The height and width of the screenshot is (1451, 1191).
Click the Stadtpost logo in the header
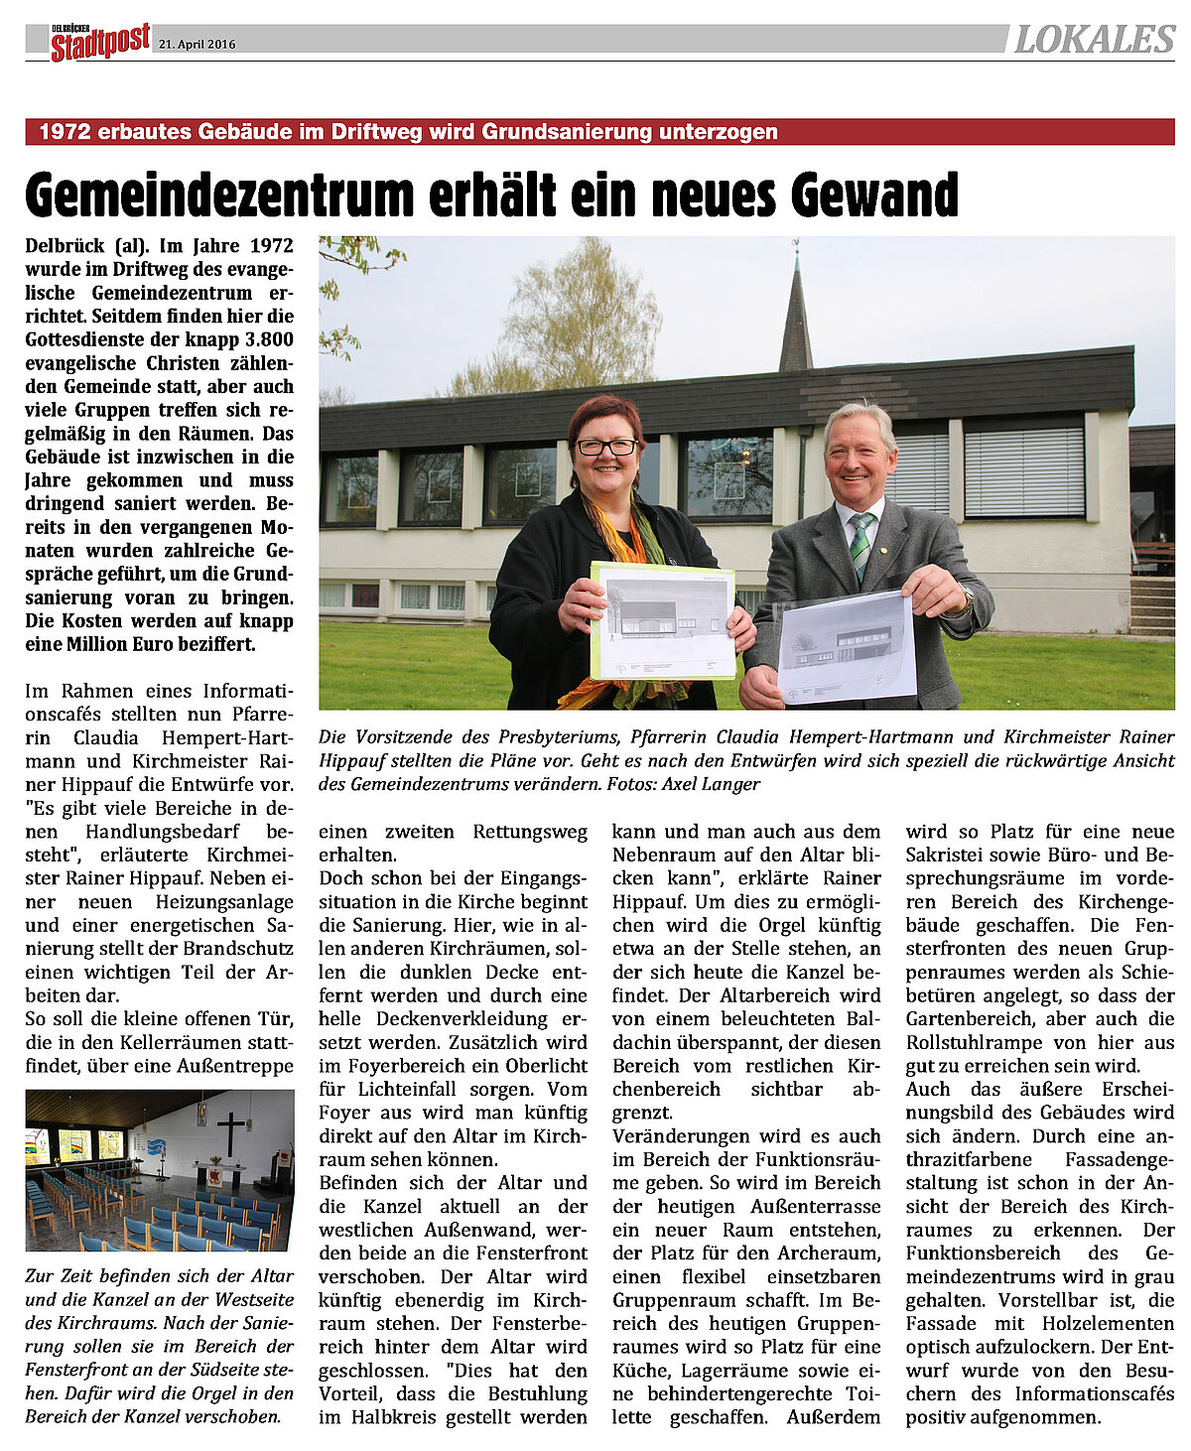(100, 42)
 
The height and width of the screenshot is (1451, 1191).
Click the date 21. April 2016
(198, 45)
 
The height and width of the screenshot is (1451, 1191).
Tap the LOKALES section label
(1094, 40)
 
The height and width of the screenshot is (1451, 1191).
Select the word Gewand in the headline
(874, 195)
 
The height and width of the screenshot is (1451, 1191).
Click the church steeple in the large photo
(795, 313)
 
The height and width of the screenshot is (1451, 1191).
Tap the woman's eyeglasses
(606, 448)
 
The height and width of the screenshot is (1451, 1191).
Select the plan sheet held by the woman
(662, 620)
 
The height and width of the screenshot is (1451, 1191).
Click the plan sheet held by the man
(846, 648)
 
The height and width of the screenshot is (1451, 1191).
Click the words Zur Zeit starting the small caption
(60, 1275)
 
